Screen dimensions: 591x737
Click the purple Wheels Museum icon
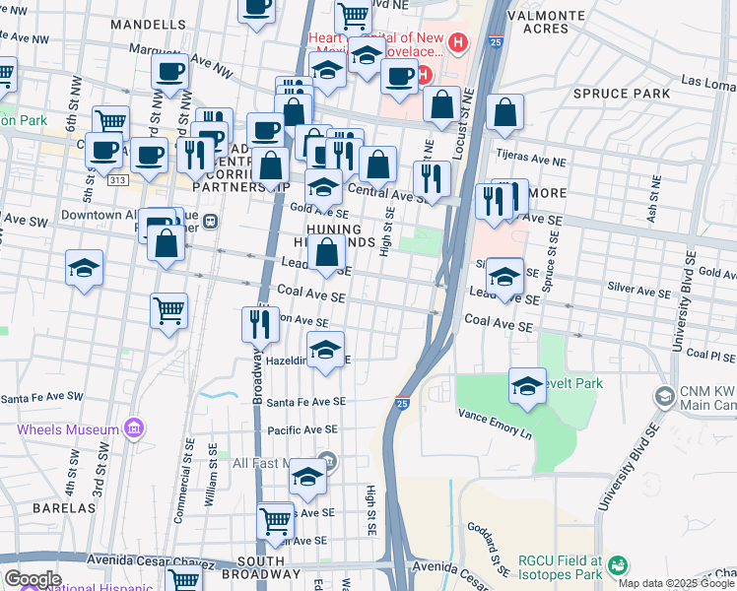tap(134, 428)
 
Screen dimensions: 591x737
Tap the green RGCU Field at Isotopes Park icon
tap(617, 565)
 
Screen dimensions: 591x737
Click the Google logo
tap(33, 579)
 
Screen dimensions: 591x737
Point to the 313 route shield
tap(117, 180)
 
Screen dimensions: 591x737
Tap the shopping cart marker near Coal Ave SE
tap(168, 310)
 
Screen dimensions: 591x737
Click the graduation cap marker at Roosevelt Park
tap(527, 385)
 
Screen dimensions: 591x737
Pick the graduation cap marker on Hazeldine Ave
tap(325, 349)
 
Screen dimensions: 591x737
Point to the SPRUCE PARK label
tap(627, 94)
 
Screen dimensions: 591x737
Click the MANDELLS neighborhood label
tap(148, 23)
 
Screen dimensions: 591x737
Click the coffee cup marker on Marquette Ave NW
tap(168, 72)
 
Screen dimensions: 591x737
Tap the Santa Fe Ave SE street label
tap(306, 402)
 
